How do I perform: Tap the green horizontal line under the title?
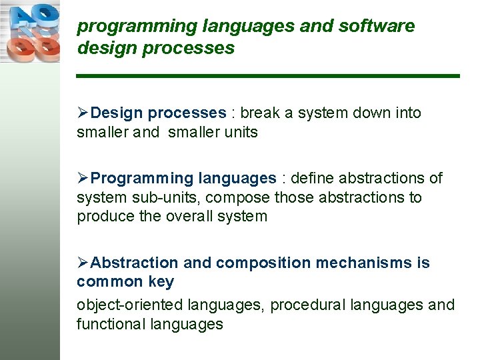pos(268,76)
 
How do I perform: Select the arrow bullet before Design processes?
pos(83,113)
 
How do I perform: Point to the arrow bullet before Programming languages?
pos(83,178)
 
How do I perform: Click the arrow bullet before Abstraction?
pos(83,263)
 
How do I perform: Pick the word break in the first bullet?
pos(261,113)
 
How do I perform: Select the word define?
pos(313,178)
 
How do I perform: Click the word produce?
pos(103,217)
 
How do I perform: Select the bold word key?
pos(161,282)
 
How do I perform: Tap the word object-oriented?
pos(130,305)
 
